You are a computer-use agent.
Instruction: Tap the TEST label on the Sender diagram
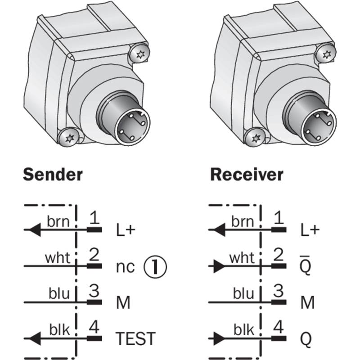pyautogui.click(x=135, y=338)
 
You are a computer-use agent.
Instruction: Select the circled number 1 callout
pyautogui.click(x=155, y=267)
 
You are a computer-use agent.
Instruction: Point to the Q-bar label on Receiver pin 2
pyautogui.click(x=306, y=266)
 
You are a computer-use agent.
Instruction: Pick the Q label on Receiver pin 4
pyautogui.click(x=306, y=339)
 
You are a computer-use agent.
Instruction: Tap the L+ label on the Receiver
pyautogui.click(x=310, y=230)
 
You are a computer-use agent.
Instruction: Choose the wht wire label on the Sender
pyautogui.click(x=58, y=258)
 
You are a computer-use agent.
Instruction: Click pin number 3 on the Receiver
pyautogui.click(x=279, y=291)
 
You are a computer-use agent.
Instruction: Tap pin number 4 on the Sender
pyautogui.click(x=94, y=327)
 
